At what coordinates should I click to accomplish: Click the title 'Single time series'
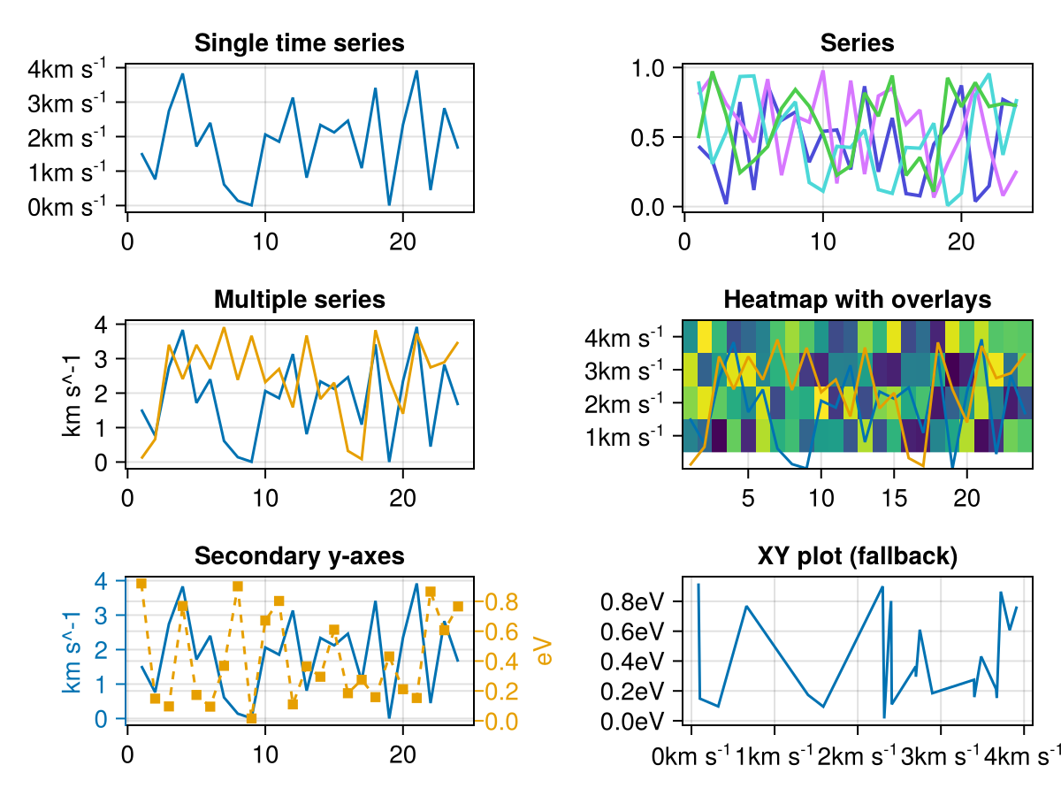coord(299,42)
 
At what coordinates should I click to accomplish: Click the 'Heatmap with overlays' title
coord(857,300)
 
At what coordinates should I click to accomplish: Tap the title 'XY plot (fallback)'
coord(857,556)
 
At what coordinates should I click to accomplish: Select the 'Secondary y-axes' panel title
coord(299,556)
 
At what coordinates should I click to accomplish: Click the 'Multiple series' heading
coord(299,300)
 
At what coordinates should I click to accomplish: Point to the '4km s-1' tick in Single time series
coord(79,68)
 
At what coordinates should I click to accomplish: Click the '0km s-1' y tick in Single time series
coord(79,206)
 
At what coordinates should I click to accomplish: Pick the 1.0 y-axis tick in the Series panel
coord(654,68)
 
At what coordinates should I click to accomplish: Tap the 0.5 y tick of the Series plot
coord(654,137)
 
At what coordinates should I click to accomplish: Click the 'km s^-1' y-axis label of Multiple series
coord(73,394)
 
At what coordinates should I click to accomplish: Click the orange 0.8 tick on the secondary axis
coord(500,602)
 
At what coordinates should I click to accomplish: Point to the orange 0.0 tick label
coord(500,722)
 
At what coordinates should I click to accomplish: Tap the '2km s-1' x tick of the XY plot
coord(858,757)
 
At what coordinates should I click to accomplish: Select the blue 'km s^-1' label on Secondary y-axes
coord(73,650)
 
